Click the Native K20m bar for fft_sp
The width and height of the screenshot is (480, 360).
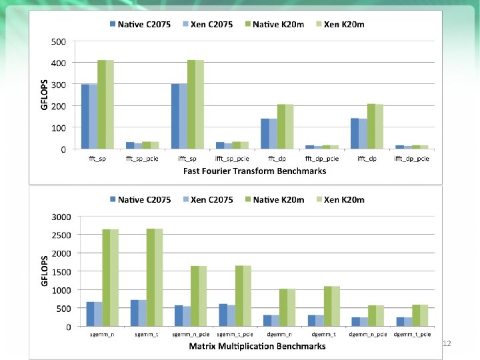pos(101,105)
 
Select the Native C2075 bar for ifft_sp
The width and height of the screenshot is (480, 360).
pos(175,117)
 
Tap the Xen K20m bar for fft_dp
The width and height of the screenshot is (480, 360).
pos(289,127)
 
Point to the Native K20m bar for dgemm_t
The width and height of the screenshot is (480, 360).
pos(328,307)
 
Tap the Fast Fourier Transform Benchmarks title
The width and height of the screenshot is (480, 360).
pos(255,171)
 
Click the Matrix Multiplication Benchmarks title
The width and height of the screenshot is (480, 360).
pos(257,346)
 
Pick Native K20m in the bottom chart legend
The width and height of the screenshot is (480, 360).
pos(275,199)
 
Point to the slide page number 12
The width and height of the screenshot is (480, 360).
pos(447,343)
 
